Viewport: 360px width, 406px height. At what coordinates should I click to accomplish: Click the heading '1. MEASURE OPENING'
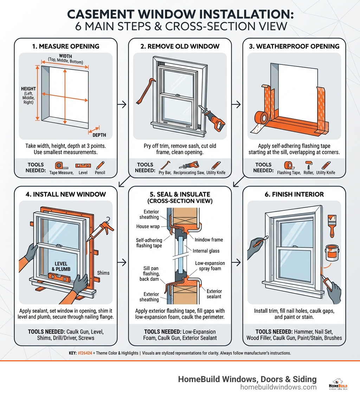(66, 46)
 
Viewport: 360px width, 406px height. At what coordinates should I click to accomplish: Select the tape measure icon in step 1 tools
(59, 165)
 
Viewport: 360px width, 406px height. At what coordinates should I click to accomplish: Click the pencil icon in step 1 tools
(100, 165)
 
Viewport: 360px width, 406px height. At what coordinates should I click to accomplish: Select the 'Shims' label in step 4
(103, 273)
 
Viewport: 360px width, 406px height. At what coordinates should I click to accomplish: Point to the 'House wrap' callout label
(148, 227)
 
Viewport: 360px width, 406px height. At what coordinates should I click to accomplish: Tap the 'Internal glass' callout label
(206, 251)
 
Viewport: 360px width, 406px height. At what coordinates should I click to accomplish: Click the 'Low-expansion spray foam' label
(210, 266)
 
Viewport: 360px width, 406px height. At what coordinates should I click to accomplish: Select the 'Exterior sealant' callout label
(214, 294)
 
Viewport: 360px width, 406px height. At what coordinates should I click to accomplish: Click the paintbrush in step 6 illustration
(330, 224)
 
